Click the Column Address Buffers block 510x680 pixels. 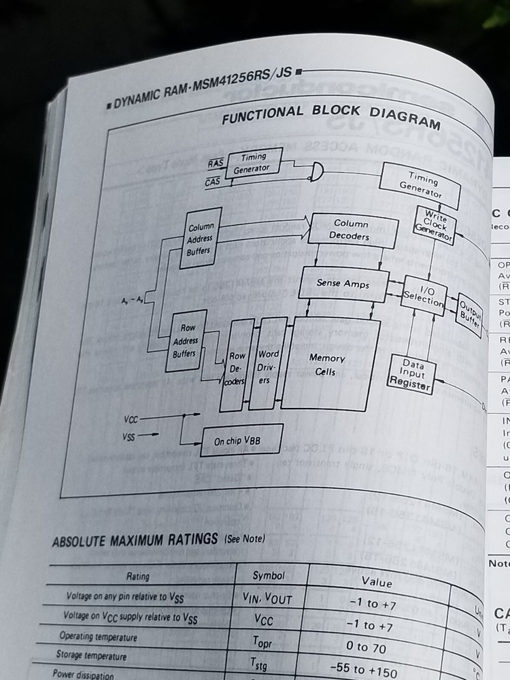201,238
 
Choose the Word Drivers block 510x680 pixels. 265,367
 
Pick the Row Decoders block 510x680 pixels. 237,368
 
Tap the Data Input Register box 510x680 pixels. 411,375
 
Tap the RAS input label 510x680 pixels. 216,163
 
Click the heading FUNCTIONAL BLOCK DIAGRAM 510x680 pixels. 330,116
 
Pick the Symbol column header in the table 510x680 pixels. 269,575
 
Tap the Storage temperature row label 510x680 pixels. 92,656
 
